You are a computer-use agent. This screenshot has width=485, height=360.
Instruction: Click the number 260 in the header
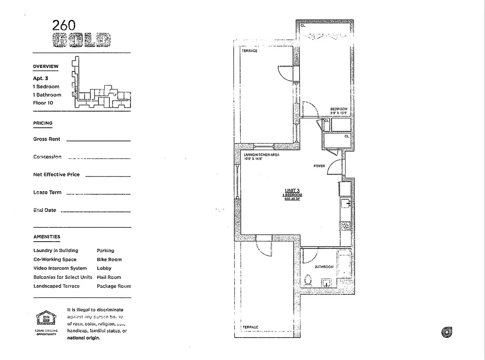[64, 26]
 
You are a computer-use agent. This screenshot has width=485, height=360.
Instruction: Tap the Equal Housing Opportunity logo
[47, 319]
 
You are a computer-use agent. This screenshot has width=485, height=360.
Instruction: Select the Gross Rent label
[47, 139]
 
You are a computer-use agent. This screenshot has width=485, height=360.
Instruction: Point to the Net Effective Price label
[56, 175]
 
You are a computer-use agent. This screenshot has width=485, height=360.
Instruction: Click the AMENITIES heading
[47, 237]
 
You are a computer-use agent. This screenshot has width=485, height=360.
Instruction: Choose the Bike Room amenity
[109, 260]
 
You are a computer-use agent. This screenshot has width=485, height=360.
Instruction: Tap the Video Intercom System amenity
[60, 268]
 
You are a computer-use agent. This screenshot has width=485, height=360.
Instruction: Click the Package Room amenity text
[114, 286]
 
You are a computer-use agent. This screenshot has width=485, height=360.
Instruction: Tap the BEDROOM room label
[339, 109]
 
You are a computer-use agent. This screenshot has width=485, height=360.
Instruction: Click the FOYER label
[319, 166]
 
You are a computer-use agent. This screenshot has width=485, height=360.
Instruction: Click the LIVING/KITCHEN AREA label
[261, 155]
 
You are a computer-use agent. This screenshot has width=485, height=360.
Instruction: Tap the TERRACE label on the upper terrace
[250, 51]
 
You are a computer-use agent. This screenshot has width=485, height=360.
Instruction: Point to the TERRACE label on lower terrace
[250, 327]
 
